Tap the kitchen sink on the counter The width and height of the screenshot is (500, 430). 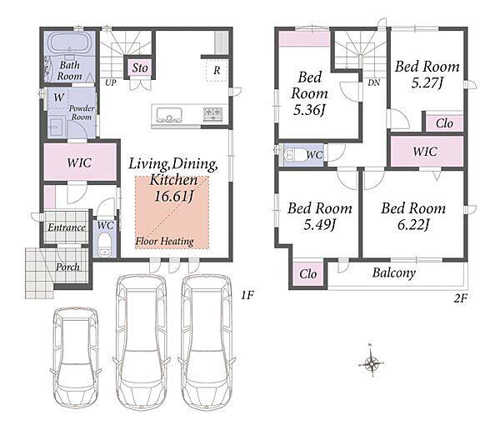(x=167, y=115)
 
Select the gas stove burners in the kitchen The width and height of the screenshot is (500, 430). (x=212, y=114)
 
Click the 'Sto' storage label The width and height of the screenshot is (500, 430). (x=140, y=68)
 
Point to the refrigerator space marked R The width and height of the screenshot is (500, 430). (x=217, y=71)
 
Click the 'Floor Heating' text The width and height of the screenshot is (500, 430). (x=164, y=241)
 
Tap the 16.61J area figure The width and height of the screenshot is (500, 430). (x=174, y=196)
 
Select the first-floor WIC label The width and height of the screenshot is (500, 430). (x=79, y=163)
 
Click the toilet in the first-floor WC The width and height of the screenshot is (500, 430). (x=104, y=244)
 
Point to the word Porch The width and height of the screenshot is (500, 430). (x=67, y=267)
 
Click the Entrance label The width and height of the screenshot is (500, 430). (x=67, y=227)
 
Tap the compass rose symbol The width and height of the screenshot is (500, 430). (x=371, y=362)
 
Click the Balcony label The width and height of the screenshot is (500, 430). (x=394, y=273)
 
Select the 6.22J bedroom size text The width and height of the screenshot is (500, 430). (x=413, y=225)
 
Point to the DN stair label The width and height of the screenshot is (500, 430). (x=373, y=83)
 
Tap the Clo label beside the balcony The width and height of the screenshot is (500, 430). (x=308, y=274)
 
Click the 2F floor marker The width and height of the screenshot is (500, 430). (x=461, y=298)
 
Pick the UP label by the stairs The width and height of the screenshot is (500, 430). (x=111, y=82)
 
